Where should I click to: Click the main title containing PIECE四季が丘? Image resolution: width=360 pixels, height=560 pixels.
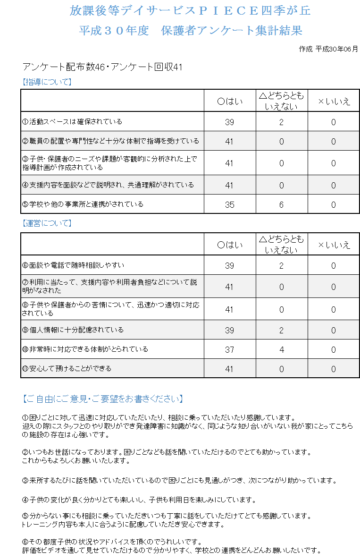point(190,10)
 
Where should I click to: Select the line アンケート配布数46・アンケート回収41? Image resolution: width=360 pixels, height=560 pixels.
point(102,67)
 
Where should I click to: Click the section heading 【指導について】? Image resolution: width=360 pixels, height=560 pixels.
point(47,82)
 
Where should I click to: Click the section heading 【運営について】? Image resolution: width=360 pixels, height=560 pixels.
point(47,223)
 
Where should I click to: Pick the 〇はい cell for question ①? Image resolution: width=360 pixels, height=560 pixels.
point(229,122)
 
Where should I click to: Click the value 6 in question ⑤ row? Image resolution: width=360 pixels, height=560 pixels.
point(281,205)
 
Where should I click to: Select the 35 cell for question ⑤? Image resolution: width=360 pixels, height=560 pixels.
point(229,205)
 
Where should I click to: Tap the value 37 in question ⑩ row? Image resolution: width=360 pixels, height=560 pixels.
point(229,350)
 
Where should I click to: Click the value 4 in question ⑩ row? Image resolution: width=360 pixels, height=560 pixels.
point(281,350)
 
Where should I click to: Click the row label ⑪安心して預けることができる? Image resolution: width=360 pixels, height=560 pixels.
point(67,368)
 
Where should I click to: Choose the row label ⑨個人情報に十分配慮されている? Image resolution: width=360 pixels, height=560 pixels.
point(73,330)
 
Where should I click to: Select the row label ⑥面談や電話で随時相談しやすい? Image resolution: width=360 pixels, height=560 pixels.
point(73,265)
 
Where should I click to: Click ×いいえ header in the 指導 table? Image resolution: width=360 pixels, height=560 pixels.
point(334,101)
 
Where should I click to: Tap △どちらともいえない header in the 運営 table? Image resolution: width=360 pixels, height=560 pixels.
point(281,244)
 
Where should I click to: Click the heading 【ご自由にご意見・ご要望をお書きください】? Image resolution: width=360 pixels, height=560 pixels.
point(103,399)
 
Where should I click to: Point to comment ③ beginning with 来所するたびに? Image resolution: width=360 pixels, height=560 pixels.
point(180,481)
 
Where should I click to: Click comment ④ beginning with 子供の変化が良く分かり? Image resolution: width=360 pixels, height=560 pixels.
point(139,500)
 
